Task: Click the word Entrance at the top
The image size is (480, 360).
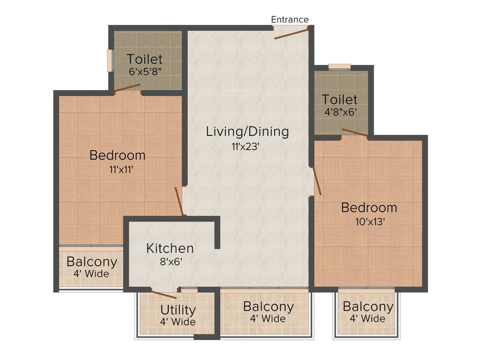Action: [290, 19]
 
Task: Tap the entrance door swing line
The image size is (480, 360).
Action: [292, 33]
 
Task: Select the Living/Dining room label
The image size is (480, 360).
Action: [247, 131]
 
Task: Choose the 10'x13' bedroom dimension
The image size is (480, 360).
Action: [370, 222]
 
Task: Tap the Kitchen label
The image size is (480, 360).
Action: [170, 248]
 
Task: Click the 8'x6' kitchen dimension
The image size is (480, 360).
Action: [171, 262]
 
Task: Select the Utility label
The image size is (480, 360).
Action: [178, 310]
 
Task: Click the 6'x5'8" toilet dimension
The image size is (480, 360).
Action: [145, 72]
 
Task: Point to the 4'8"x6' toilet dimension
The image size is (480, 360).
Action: [339, 112]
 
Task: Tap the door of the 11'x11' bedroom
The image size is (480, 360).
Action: [179, 201]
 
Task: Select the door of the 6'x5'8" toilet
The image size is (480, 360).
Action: [127, 88]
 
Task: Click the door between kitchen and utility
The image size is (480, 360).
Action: [164, 294]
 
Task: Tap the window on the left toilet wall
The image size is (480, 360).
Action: [110, 60]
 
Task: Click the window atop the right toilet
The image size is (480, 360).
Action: [339, 67]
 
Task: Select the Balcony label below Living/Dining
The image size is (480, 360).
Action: [268, 307]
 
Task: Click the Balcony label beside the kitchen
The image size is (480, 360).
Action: [91, 262]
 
